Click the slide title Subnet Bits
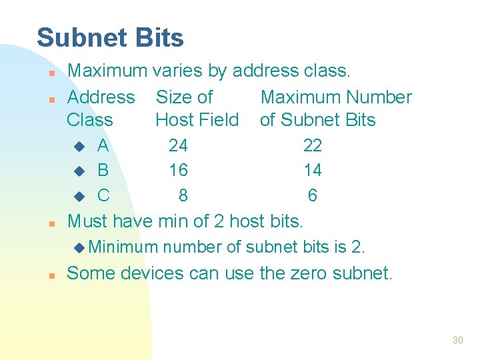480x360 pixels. (110, 38)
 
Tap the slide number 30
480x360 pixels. (457, 340)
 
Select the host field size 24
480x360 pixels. (178, 145)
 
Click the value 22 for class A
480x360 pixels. (312, 145)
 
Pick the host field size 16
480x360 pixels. (178, 171)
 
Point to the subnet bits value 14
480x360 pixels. (312, 171)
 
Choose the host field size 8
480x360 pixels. (183, 196)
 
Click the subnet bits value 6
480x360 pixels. (312, 196)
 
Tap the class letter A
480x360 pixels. (103, 145)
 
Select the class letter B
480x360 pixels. (103, 171)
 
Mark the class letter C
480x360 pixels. (103, 196)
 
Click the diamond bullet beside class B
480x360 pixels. (79, 171)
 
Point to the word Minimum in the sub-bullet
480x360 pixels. (123, 247)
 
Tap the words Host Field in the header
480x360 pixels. (197, 120)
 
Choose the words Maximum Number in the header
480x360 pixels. (336, 97)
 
